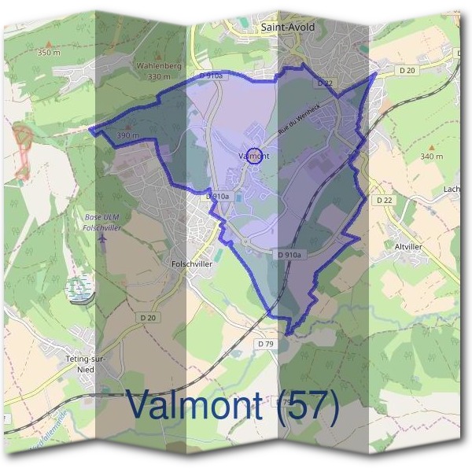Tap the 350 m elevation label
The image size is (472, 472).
pyautogui.click(x=48, y=53)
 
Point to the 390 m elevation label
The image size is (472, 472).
pyautogui.click(x=127, y=135)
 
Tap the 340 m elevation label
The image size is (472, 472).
pyautogui.click(x=431, y=157)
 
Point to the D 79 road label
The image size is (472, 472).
pyautogui.click(x=265, y=344)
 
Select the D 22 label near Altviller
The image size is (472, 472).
pyautogui.click(x=384, y=201)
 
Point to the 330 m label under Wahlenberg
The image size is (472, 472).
pyautogui.click(x=158, y=77)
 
